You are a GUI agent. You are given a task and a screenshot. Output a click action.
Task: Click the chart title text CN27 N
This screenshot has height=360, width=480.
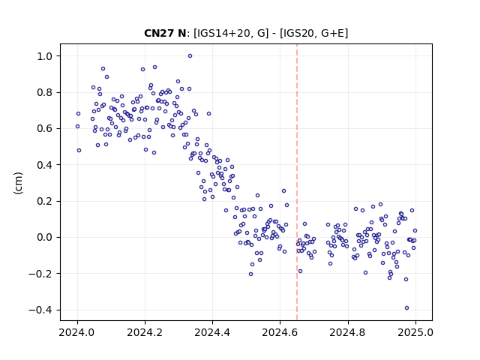[x=165, y=33]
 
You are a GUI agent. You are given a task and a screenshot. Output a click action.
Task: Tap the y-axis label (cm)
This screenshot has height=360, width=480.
[x=18, y=183]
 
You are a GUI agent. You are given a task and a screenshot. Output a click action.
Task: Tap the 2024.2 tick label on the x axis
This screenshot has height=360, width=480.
[x=145, y=332]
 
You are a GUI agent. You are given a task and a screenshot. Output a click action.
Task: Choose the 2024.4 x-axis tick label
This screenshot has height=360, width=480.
[x=212, y=332]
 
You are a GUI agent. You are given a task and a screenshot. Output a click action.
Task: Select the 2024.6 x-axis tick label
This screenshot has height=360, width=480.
[x=280, y=332]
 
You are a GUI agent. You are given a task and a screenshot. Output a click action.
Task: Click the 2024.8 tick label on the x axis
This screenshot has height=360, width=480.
[x=347, y=332]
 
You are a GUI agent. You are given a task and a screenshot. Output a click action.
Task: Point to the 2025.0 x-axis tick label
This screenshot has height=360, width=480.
[x=415, y=332]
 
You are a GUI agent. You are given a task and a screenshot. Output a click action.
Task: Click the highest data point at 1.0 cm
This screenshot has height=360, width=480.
[x=190, y=56]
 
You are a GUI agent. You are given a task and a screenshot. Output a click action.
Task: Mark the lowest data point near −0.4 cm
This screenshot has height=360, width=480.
[x=406, y=308]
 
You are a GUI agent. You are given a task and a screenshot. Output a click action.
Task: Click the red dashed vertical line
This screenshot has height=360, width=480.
[x=297, y=182]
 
